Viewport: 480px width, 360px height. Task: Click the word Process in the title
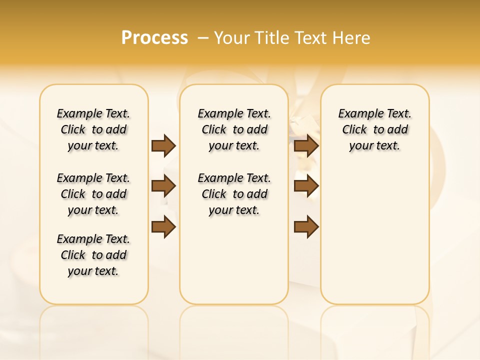point(154,38)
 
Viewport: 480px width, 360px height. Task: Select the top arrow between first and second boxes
point(163,145)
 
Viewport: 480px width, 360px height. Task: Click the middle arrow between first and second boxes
point(163,186)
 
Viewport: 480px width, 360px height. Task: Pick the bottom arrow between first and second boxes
point(163,227)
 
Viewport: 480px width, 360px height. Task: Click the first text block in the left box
point(93,129)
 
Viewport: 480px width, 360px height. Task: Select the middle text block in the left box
point(93,194)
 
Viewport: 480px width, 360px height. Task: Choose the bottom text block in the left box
point(93,255)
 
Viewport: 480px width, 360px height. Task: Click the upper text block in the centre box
point(234,129)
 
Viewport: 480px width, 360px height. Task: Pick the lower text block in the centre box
point(234,194)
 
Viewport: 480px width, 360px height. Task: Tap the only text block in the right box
point(374,129)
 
